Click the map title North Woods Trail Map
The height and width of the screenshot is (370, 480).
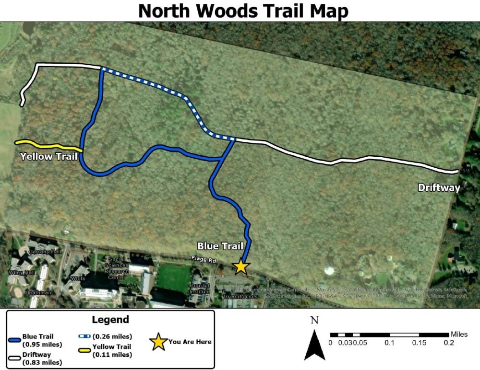click(x=242, y=11)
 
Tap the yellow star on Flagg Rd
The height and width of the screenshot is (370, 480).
click(x=241, y=266)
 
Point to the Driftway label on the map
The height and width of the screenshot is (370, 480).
click(x=439, y=187)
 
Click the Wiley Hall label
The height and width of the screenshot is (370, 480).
click(x=19, y=272)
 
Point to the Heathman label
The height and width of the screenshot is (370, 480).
click(x=38, y=292)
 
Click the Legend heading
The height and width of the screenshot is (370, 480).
click(x=110, y=320)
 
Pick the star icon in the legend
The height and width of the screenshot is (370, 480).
click(x=159, y=342)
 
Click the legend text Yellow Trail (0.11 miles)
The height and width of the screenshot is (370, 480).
click(x=113, y=350)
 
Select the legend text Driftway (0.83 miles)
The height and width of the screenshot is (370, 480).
click(x=42, y=358)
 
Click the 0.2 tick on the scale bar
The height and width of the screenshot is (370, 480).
click(x=448, y=343)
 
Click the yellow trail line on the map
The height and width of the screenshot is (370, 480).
click(x=48, y=145)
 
